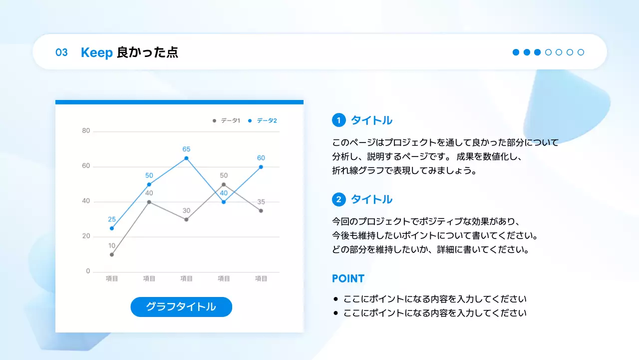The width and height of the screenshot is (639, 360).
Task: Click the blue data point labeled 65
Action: [x=186, y=158]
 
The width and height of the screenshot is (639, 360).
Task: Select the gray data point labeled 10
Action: [x=112, y=254]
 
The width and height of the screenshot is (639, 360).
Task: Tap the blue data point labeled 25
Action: [x=112, y=228]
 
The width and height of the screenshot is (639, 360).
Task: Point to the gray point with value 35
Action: [x=261, y=210]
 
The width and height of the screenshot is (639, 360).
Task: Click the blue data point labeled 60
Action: [x=261, y=167]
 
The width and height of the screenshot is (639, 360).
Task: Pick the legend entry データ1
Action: [x=227, y=120]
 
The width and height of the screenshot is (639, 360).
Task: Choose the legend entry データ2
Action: [x=263, y=120]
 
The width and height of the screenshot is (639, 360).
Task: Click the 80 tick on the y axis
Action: [x=86, y=131]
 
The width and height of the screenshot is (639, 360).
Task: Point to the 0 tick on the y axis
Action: [x=88, y=271]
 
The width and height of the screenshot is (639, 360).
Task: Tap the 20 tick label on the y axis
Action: [x=86, y=236]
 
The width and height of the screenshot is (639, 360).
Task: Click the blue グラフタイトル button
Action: [x=181, y=307]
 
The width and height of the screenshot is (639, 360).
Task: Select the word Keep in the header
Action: [x=96, y=52]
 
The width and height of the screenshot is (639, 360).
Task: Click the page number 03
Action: [x=61, y=52]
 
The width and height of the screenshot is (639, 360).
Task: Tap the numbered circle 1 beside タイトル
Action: [x=339, y=120]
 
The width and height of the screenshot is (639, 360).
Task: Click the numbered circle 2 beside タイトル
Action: [x=339, y=199]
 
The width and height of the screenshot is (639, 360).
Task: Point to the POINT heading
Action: [x=348, y=278]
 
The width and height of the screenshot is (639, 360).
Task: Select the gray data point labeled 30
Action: [x=186, y=219]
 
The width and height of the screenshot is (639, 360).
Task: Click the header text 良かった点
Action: [x=147, y=52]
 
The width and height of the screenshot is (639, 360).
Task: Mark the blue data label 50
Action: [x=149, y=175]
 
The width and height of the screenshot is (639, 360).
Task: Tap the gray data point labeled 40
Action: [x=149, y=202]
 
